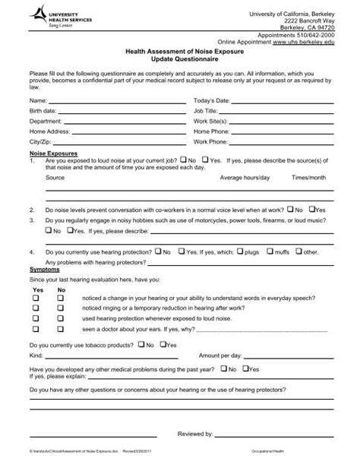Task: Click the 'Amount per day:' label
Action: [220, 354]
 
